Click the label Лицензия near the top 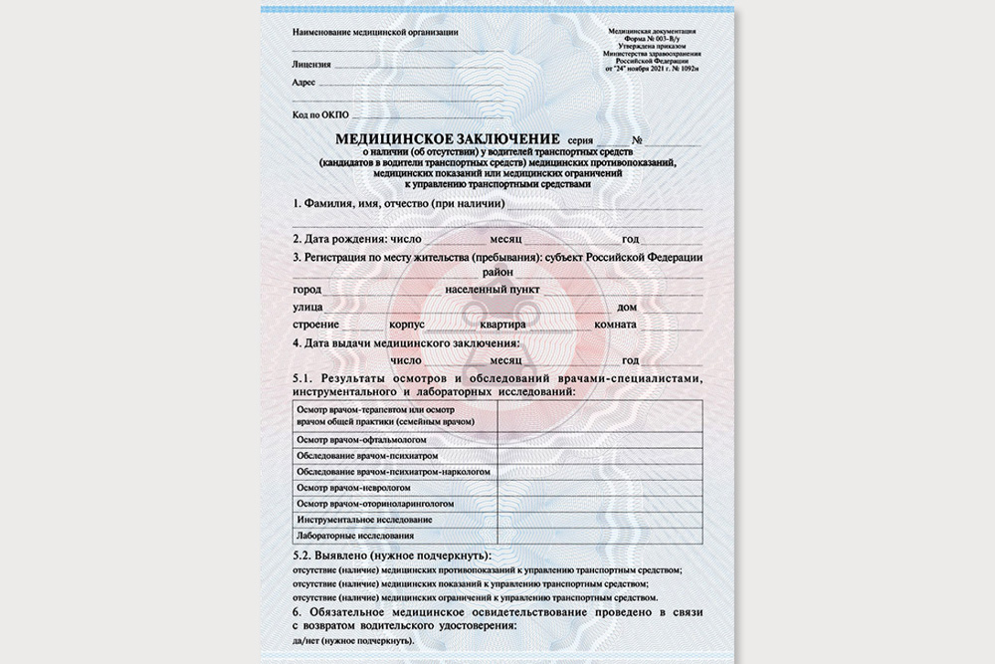click(x=312, y=63)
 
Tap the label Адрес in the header click(x=303, y=83)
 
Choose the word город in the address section click(x=308, y=289)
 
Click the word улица click(x=308, y=308)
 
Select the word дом click(x=628, y=308)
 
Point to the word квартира click(x=500, y=326)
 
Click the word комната click(x=616, y=326)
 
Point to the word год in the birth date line click(x=630, y=239)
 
